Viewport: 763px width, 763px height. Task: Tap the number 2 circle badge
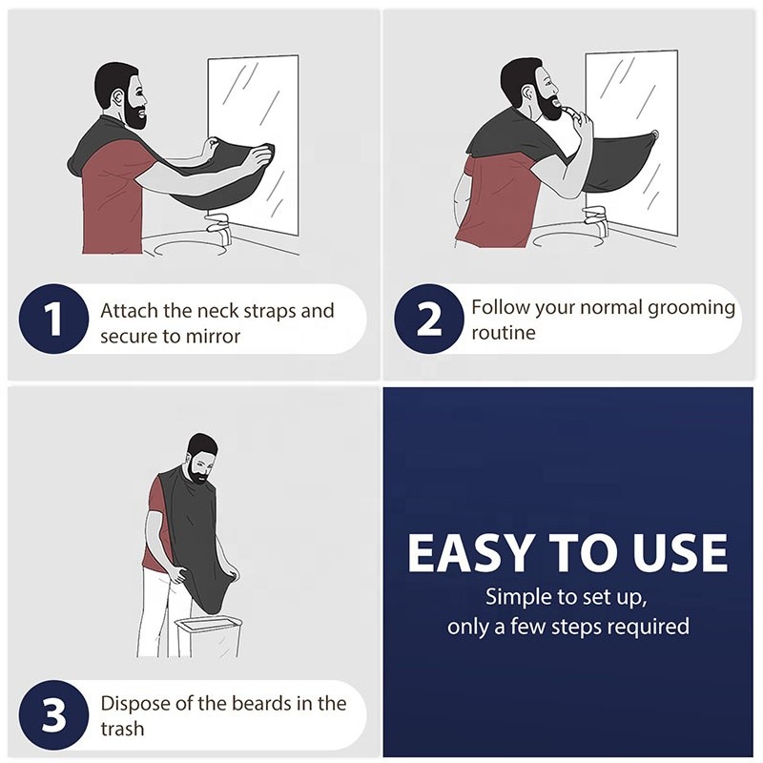tap(428, 320)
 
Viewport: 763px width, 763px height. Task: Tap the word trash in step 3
tap(122, 730)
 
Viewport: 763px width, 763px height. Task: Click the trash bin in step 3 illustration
tap(207, 637)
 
